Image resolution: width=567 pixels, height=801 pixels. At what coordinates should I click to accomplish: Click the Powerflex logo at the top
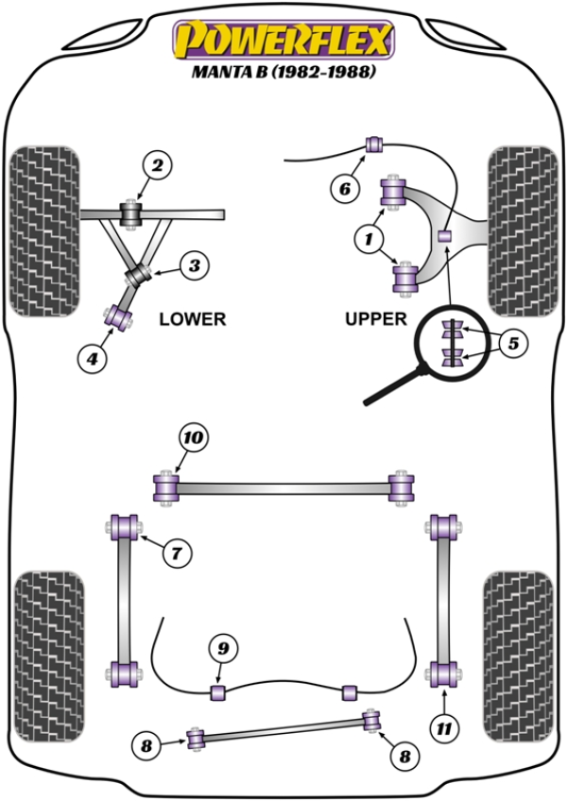pos(282,40)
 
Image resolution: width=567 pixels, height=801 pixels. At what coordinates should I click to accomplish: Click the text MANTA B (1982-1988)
pos(283,73)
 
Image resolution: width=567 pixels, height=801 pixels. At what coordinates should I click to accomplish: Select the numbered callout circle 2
pos(156,166)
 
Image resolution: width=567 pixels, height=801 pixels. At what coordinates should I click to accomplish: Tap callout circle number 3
pos(193,266)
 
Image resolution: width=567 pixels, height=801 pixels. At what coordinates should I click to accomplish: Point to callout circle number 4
pos(92,357)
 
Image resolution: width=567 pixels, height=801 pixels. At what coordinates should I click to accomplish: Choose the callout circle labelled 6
pos(344,189)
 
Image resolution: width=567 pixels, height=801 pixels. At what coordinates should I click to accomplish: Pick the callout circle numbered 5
pos(512,343)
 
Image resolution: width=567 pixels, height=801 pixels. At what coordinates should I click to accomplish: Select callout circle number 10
pos(193,437)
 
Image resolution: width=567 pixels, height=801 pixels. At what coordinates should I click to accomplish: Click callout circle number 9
pos(222,648)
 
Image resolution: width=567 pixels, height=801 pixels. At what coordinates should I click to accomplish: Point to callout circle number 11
pos(444,728)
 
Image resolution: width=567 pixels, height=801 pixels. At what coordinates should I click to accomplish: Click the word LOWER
pos(192,319)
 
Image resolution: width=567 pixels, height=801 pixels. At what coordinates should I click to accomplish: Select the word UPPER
pos(375,319)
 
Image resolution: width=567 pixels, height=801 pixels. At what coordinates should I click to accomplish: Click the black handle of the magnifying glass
pos(392,386)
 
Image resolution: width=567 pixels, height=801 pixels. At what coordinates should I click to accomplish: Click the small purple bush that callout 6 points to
pos(373,145)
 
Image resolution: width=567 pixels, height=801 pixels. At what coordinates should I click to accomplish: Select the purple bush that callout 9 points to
pos(218,692)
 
